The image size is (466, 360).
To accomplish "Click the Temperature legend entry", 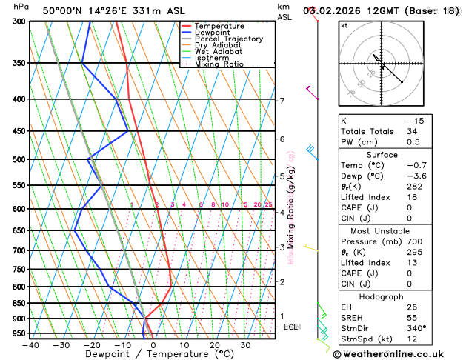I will point(220,26).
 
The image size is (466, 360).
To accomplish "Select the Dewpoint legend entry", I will point(214,33).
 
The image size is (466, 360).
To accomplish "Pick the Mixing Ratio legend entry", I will point(218,64).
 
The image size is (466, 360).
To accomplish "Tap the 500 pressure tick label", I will point(20,159).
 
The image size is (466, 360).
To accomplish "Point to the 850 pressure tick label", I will point(20,303).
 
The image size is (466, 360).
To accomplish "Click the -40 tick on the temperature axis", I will point(30,345).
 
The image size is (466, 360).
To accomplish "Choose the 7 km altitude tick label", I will point(282,101).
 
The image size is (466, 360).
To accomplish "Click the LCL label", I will point(291,327).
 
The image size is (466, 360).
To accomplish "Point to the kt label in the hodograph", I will point(344,26).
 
